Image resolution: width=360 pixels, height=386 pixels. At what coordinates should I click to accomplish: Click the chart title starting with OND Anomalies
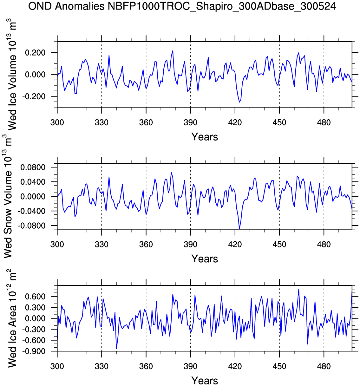click(182, 6)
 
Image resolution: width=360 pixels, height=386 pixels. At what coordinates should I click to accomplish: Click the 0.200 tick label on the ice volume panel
click(35, 53)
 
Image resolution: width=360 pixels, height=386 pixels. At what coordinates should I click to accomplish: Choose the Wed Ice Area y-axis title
click(12, 319)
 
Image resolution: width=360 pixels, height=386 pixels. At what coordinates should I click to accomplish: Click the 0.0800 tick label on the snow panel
click(33, 167)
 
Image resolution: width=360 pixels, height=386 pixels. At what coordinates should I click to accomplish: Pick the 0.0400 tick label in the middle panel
click(33, 182)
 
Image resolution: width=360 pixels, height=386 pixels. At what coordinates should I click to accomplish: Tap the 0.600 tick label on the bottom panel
click(35, 297)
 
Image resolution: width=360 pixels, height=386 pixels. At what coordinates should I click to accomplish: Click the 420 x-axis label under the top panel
click(235, 123)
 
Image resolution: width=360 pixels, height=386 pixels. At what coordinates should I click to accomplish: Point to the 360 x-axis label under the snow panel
click(146, 245)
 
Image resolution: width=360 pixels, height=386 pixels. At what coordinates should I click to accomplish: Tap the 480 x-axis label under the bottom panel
click(324, 367)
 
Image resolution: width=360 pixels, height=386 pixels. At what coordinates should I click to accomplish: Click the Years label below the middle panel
click(205, 259)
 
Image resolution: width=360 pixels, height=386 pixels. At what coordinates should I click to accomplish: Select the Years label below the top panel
click(205, 137)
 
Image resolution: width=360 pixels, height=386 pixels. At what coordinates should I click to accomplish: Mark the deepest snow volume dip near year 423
click(239, 229)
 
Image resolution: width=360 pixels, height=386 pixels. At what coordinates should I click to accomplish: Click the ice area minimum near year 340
click(116, 349)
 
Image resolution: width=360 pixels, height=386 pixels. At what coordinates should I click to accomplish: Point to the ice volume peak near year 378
click(173, 51)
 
